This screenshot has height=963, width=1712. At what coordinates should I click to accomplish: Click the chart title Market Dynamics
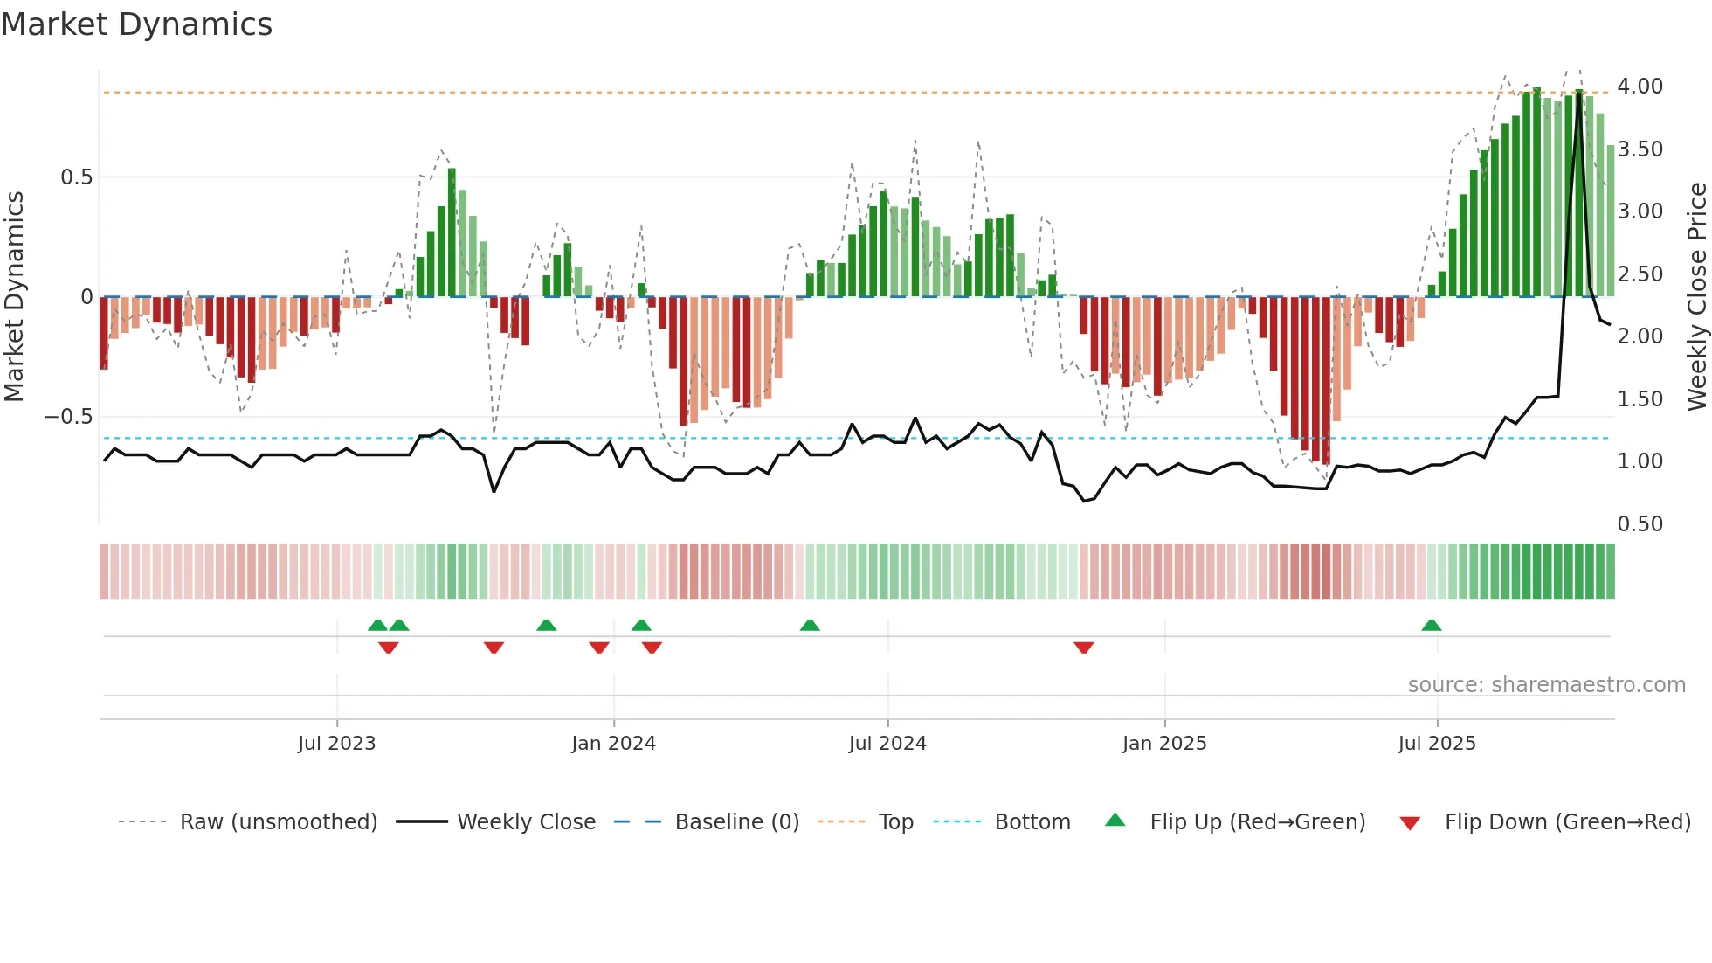pyautogui.click(x=136, y=24)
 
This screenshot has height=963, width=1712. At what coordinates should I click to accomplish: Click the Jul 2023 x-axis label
pyautogui.click(x=336, y=744)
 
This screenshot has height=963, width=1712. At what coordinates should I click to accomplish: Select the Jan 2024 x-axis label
pyautogui.click(x=613, y=744)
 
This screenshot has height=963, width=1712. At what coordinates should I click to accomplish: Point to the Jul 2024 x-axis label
pyautogui.click(x=887, y=744)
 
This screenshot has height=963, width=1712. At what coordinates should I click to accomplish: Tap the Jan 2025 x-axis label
pyautogui.click(x=1164, y=744)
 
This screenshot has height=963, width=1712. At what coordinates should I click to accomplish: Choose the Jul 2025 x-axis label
pyautogui.click(x=1437, y=744)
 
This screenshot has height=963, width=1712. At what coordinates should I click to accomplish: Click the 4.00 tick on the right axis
pyautogui.click(x=1640, y=87)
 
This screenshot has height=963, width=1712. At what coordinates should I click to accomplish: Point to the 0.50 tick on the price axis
pyautogui.click(x=1640, y=524)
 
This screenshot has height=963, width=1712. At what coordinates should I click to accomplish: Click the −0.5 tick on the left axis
pyautogui.click(x=69, y=417)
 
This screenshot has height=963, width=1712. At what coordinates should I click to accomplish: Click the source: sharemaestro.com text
pyautogui.click(x=1546, y=685)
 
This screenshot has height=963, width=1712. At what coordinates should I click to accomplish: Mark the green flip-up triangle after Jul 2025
pyautogui.click(x=1431, y=625)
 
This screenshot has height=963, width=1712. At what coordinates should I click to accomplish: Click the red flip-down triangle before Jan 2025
pyautogui.click(x=1084, y=648)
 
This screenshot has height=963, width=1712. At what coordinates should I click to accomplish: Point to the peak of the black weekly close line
pyautogui.click(x=1578, y=91)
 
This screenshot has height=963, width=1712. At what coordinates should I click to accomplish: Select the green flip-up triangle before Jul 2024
pyautogui.click(x=810, y=625)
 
